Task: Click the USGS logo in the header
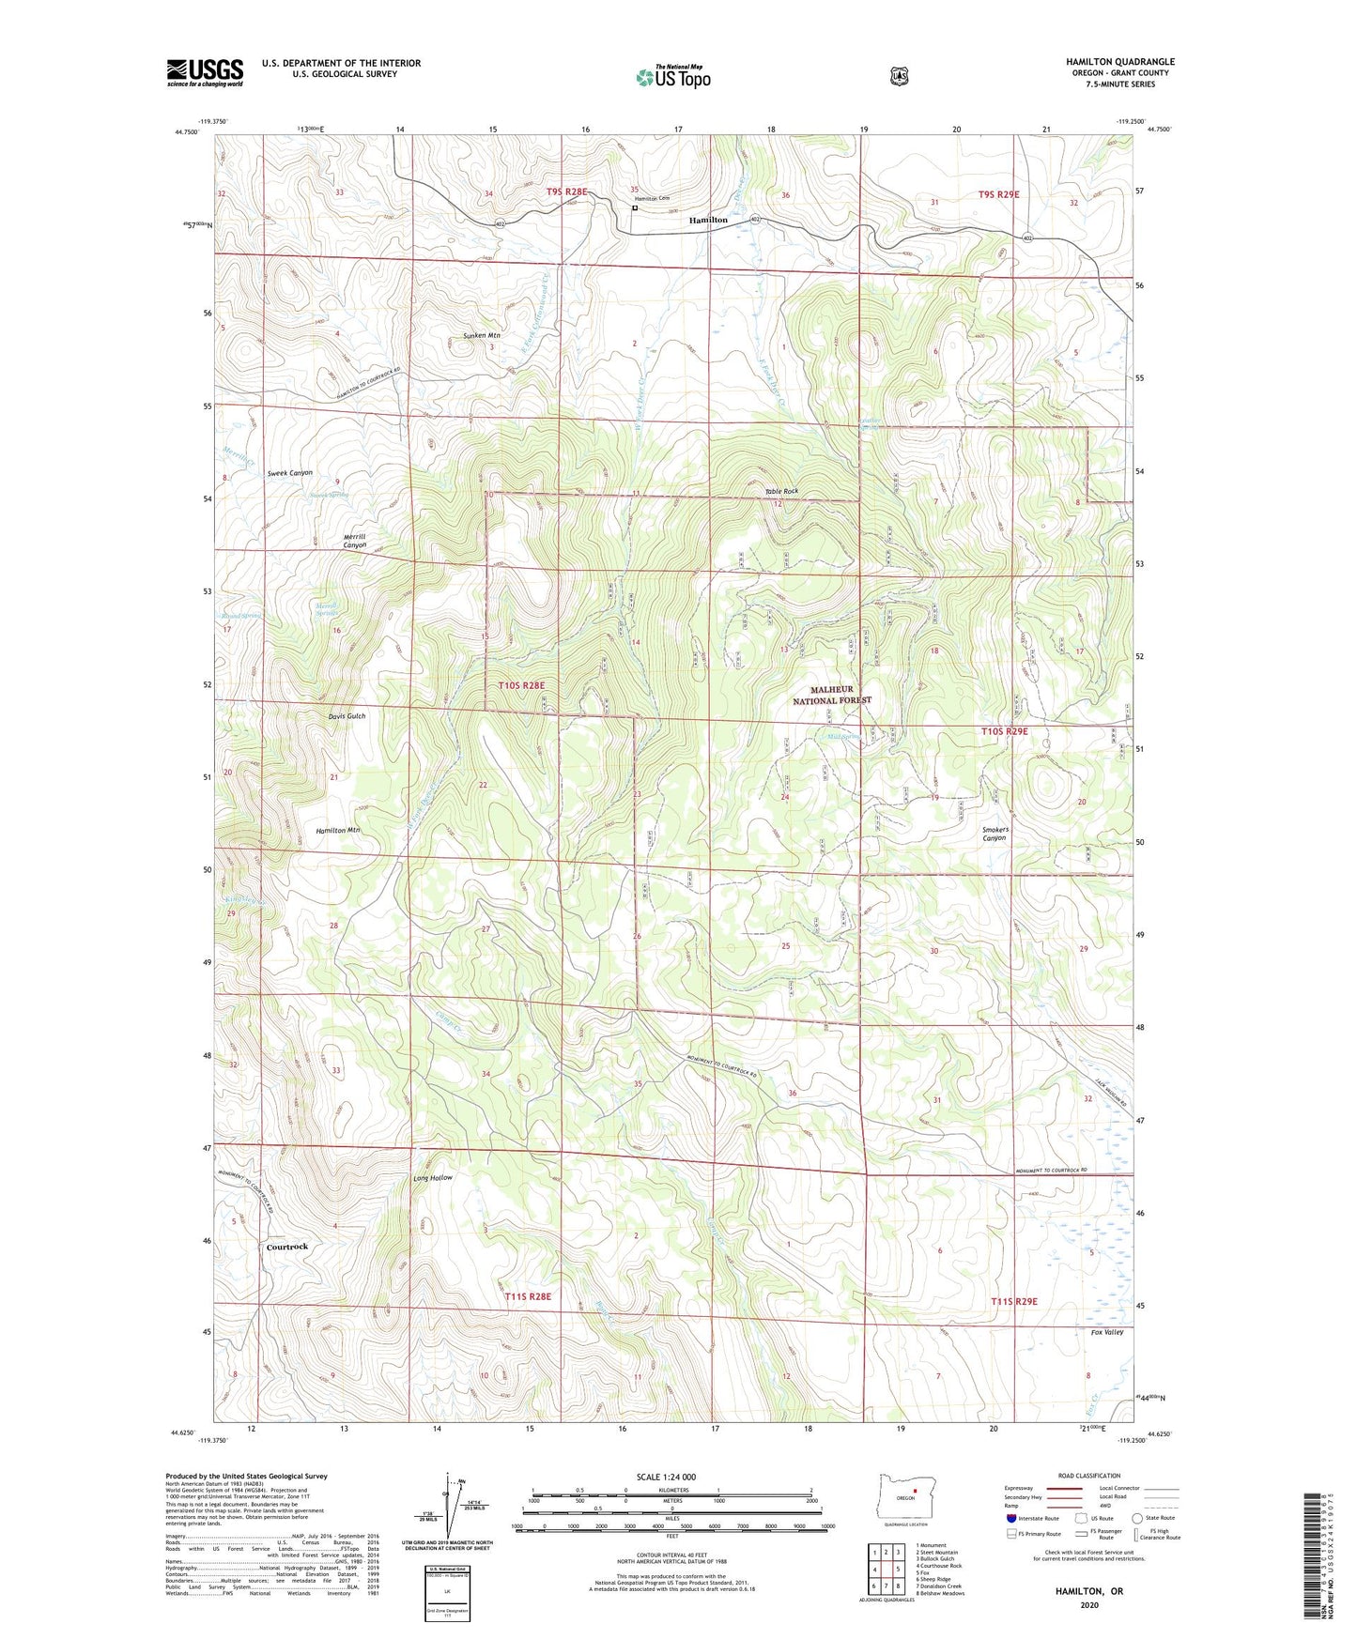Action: [x=205, y=72]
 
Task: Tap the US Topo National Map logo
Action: [x=671, y=77]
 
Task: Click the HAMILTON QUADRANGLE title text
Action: [x=1119, y=62]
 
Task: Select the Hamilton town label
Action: [x=708, y=220]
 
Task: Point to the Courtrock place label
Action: [x=286, y=1247]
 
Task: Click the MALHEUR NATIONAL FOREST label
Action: [x=831, y=695]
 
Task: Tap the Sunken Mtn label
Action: [x=482, y=335]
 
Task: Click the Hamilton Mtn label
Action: [x=338, y=831]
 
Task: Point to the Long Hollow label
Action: [x=433, y=1177]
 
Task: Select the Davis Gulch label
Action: [x=347, y=715]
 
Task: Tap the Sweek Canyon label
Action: [x=289, y=473]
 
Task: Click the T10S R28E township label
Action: [x=521, y=685]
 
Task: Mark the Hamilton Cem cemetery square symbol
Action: [x=635, y=208]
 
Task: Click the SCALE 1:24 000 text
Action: [x=666, y=1477]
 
